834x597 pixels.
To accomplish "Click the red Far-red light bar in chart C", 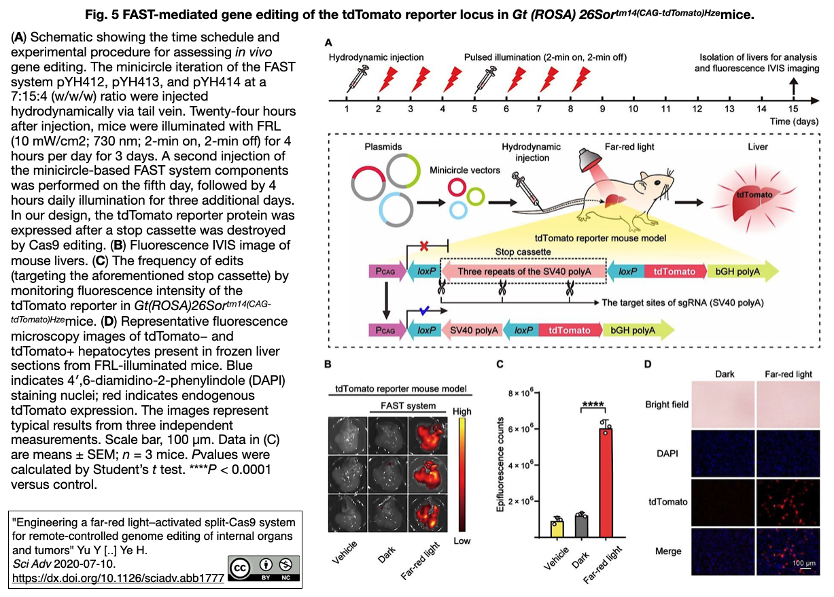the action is (606, 483).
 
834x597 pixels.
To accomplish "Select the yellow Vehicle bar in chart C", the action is (557, 529).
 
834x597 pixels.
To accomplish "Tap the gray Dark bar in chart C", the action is (582, 526).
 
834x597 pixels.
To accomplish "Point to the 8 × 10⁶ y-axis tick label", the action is (521, 393).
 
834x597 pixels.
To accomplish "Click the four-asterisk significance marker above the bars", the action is (593, 405).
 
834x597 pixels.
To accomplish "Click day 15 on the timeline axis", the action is (793, 109).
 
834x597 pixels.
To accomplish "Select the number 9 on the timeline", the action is (602, 109).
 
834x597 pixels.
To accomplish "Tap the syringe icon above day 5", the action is (485, 79).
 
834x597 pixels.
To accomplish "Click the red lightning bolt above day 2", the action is (388, 79).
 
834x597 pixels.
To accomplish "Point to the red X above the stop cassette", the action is (423, 245).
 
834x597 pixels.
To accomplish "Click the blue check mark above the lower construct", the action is (424, 310).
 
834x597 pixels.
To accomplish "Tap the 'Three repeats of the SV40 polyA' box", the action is (523, 271).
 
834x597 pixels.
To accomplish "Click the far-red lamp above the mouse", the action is (590, 160).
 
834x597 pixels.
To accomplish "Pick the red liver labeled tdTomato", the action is (754, 201).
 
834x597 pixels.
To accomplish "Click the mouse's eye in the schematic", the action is (657, 182).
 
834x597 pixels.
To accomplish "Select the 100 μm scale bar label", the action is (803, 563).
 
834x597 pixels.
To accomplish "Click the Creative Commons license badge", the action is (264, 568).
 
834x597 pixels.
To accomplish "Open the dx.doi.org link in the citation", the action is (118, 578).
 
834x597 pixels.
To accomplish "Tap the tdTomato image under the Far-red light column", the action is (788, 502).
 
